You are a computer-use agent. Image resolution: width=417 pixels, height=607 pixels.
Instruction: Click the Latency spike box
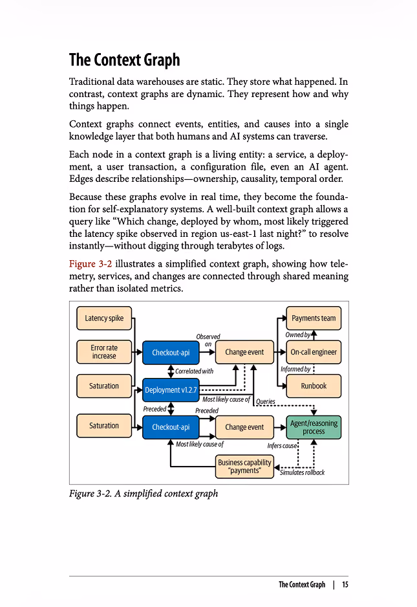(x=104, y=318)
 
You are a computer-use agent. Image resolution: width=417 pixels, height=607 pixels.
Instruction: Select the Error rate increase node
(x=104, y=352)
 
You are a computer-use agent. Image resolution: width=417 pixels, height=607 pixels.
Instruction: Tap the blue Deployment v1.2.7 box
(x=171, y=390)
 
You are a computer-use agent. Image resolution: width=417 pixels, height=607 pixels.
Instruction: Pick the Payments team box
(x=314, y=318)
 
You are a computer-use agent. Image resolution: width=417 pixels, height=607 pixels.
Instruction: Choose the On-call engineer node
(x=314, y=352)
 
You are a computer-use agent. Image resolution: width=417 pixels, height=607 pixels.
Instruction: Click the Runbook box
(x=314, y=386)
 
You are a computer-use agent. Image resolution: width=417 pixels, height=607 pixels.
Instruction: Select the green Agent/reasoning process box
(x=314, y=427)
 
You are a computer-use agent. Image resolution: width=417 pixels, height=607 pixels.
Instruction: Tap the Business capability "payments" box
(x=244, y=467)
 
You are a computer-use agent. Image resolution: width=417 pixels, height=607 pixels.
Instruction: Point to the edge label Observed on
(x=208, y=340)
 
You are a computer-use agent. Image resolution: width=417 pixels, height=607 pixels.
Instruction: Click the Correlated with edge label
(x=194, y=371)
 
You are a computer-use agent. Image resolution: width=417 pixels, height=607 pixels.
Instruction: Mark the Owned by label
(x=298, y=335)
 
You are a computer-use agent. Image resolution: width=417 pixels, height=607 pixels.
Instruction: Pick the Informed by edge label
(x=295, y=370)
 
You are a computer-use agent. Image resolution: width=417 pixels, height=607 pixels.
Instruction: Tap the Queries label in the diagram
(x=266, y=401)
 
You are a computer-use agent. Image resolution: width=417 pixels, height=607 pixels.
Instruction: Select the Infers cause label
(x=282, y=446)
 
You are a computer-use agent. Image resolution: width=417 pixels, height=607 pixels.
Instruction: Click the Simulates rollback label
(x=302, y=472)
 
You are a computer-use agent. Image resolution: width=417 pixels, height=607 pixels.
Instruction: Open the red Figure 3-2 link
(x=91, y=264)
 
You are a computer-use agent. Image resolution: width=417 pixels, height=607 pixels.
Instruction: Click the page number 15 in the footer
(x=345, y=584)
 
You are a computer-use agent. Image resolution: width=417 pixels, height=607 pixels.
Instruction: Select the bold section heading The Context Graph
(x=125, y=60)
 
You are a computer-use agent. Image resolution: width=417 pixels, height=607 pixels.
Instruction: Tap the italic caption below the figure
(x=144, y=494)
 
